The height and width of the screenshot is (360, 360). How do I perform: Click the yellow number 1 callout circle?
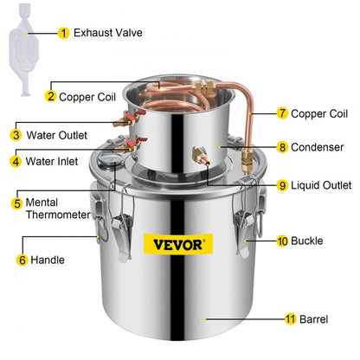click(63, 33)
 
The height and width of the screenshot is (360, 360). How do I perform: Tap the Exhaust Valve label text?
click(108, 33)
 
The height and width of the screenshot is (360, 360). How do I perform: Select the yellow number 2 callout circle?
click(51, 96)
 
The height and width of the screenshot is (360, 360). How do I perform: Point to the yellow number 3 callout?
click(16, 135)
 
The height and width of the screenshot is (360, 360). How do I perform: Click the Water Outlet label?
click(55, 135)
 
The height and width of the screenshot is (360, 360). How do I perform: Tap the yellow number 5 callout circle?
click(16, 203)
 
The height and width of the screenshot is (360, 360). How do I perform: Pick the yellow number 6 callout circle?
click(22, 259)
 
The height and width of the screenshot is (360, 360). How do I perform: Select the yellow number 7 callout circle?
click(282, 113)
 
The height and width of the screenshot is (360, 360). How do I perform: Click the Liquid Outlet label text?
click(321, 184)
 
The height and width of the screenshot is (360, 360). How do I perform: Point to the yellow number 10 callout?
click(282, 241)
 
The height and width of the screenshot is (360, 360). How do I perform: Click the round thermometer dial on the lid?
click(110, 161)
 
